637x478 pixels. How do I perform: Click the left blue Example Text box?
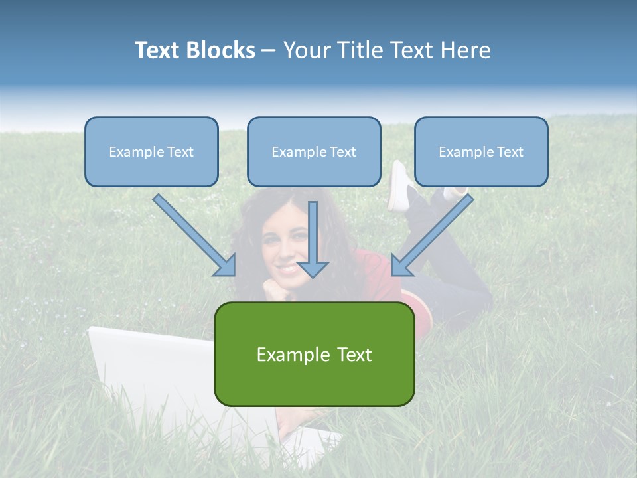[151, 151]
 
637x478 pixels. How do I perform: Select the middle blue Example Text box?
[314, 151]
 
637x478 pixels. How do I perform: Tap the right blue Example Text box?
[481, 151]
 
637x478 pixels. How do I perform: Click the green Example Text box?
[314, 354]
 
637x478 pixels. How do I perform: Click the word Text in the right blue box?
[510, 152]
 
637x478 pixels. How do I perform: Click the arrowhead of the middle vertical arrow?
[313, 268]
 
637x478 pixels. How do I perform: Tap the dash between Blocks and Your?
[269, 50]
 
